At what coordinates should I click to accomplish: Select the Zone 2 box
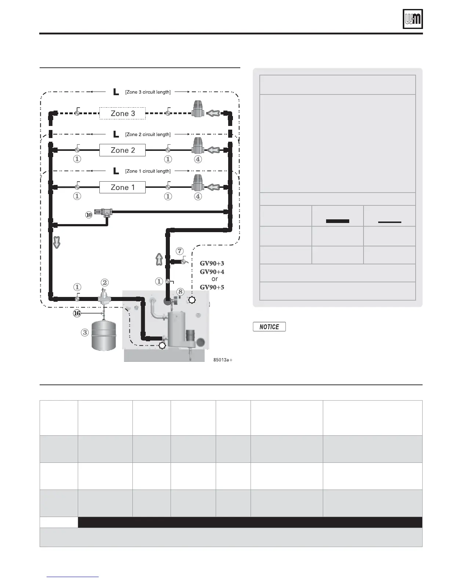pos(123,150)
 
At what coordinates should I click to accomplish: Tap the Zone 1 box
pos(123,187)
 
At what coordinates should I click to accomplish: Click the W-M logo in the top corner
pos(413,19)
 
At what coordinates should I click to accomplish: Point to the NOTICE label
pos(269,327)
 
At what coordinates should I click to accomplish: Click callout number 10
pos(89,215)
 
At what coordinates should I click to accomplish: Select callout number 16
pos(77,313)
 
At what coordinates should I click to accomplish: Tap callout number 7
pos(179,251)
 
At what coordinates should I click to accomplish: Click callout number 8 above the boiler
pos(180,292)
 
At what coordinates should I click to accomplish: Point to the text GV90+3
pos(212,263)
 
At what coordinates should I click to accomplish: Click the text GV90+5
pos(212,287)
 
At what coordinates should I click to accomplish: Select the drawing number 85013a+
pos(223,360)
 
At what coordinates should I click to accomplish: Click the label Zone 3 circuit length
pos(148,92)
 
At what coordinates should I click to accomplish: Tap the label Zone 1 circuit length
pos(148,171)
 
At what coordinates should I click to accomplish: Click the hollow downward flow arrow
pos(57,242)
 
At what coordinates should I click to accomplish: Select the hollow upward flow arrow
pos(159,259)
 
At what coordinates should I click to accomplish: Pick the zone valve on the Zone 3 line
pos(198,108)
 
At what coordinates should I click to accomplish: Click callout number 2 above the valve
pos(105,282)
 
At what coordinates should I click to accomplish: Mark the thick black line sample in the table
pos(337,221)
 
